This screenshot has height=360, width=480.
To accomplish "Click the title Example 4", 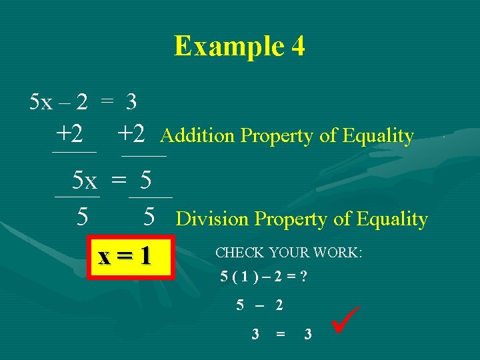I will [x=239, y=46].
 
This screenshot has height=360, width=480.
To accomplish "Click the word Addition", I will [x=198, y=136].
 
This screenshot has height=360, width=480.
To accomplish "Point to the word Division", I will [x=213, y=219].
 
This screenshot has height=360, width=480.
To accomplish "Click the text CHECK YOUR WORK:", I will [x=289, y=253].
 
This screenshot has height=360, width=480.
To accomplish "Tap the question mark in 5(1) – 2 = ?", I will [x=303, y=277].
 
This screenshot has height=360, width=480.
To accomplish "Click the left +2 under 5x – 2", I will [x=70, y=135].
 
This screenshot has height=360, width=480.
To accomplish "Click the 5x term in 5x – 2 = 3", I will [x=41, y=102].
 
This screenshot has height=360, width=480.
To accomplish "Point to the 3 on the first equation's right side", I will [x=131, y=102].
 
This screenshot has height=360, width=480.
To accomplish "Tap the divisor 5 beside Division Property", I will [x=150, y=217].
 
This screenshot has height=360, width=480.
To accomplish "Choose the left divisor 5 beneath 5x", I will [x=82, y=217].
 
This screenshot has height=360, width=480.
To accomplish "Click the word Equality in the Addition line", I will [x=378, y=136].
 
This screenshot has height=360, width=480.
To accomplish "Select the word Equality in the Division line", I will [x=392, y=219].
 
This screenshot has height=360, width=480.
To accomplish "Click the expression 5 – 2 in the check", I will [x=259, y=305].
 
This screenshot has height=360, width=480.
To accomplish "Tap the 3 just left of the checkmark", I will [x=307, y=334].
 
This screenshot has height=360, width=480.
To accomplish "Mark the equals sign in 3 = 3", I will [x=281, y=334].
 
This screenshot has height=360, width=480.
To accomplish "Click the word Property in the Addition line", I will [x=277, y=136].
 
